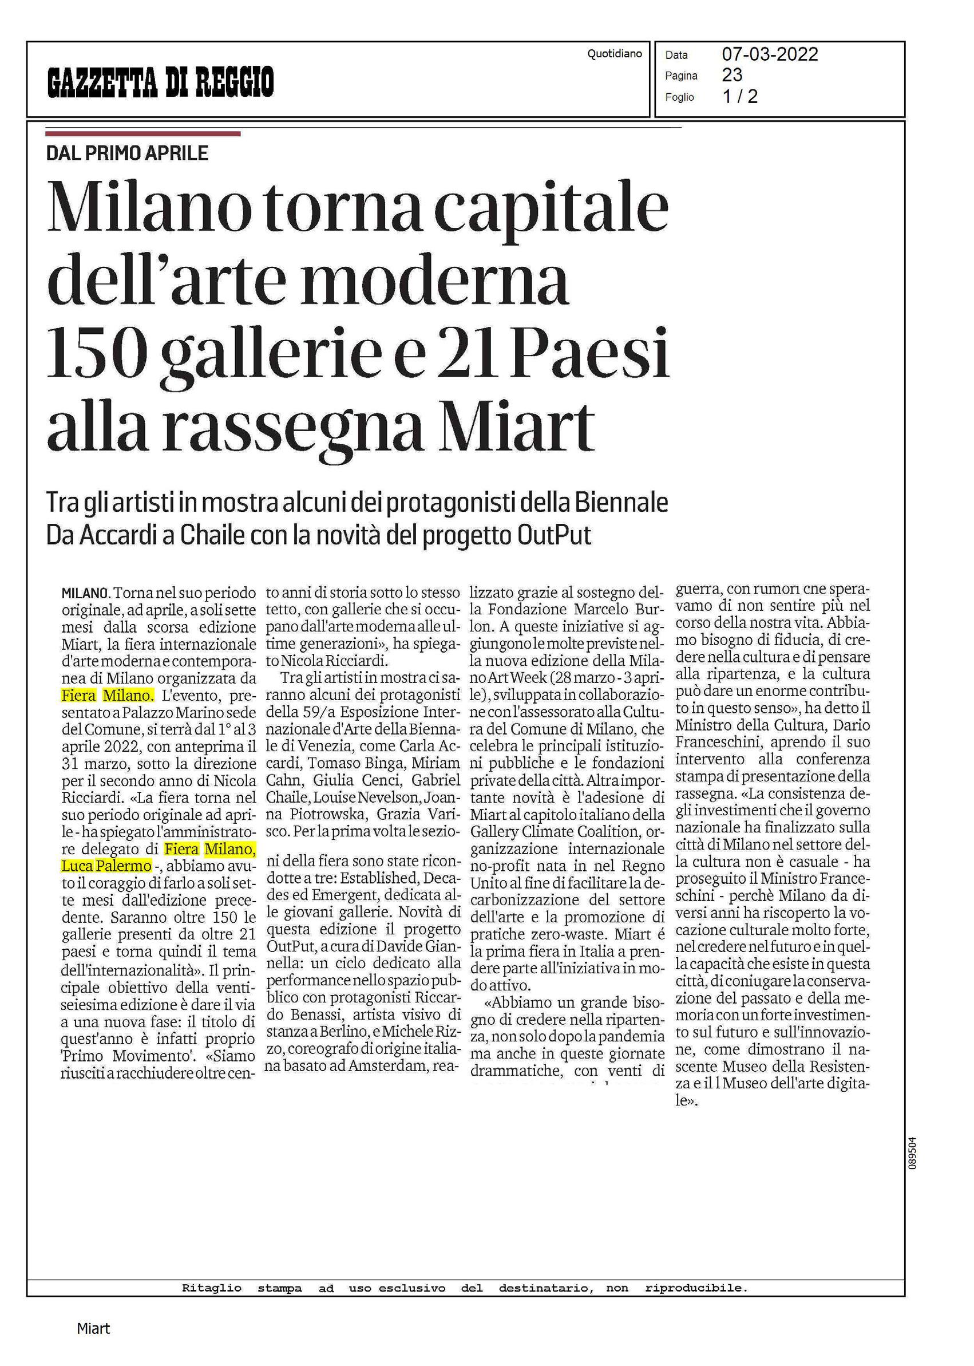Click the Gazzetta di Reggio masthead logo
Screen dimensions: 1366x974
point(161,82)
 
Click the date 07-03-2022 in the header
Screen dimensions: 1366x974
point(770,54)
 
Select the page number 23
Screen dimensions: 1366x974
point(733,75)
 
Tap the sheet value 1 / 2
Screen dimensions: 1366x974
point(740,97)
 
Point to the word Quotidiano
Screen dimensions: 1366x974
point(614,54)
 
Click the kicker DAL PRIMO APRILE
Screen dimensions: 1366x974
point(127,153)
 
